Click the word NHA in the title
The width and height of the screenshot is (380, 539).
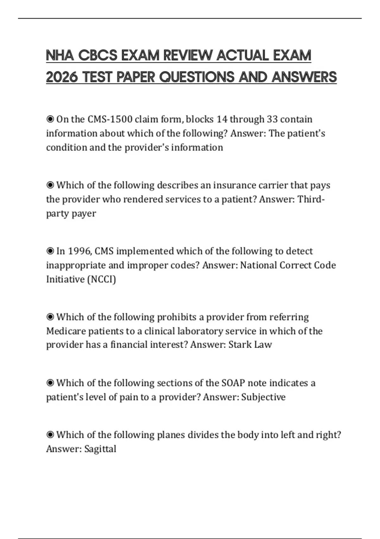point(60,56)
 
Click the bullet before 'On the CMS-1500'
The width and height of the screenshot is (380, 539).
point(50,119)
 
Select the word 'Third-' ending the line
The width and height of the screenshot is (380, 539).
point(311,199)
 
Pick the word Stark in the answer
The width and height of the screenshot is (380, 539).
point(240,345)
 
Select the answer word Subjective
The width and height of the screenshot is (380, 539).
point(263,397)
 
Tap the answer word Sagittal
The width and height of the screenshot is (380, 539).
point(100,449)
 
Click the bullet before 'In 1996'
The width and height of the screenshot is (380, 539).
point(50,251)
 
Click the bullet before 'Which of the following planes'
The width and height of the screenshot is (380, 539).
point(50,435)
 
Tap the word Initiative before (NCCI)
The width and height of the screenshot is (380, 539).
point(65,279)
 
